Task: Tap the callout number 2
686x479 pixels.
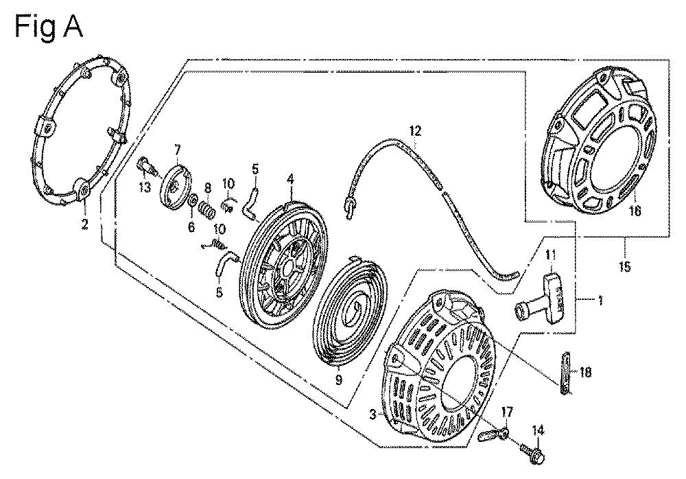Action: tap(85, 224)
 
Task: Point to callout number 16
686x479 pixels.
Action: tap(635, 212)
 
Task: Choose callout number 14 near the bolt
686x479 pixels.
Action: tap(538, 431)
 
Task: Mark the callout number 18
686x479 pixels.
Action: tap(584, 372)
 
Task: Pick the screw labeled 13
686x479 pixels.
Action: tap(145, 166)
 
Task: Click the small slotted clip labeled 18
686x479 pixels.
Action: tap(566, 373)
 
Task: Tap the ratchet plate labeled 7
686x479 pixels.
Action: tap(178, 184)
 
